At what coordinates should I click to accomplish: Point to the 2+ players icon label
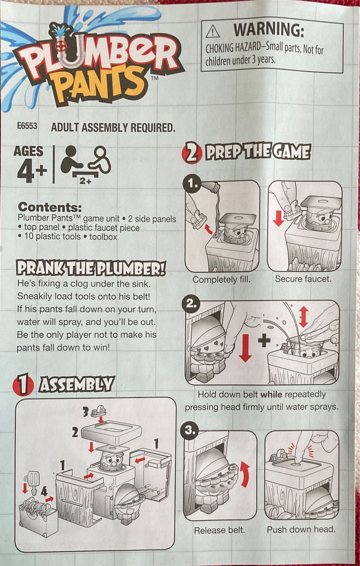point(86,182)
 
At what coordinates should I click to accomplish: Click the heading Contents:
point(50,207)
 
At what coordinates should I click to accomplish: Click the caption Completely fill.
point(221,279)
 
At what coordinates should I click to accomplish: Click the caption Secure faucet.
point(303,279)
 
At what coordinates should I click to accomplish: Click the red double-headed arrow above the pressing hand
point(304,317)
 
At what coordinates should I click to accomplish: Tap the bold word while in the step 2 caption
point(271,394)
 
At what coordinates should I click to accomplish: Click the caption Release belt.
point(219,530)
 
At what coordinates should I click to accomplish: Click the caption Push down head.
point(301,529)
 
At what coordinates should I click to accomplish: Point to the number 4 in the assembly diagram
point(44,491)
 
